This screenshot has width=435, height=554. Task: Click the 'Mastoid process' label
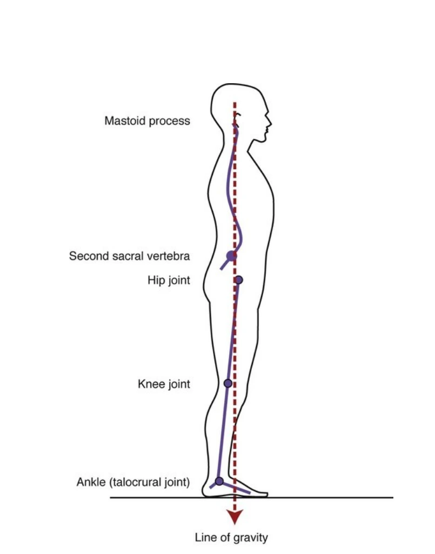pyautogui.click(x=147, y=121)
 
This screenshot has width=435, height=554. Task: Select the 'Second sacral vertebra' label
pyautogui.click(x=129, y=256)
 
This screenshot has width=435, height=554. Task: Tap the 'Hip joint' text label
pyautogui.click(x=169, y=280)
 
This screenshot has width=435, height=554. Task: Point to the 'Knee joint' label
pyautogui.click(x=164, y=384)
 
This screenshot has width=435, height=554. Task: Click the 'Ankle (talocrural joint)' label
pyautogui.click(x=133, y=482)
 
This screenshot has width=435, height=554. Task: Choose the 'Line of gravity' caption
pyautogui.click(x=231, y=537)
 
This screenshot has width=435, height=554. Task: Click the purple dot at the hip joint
pyautogui.click(x=238, y=279)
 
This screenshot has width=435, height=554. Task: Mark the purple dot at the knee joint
pyautogui.click(x=227, y=383)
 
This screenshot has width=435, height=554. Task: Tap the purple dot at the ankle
pyautogui.click(x=219, y=480)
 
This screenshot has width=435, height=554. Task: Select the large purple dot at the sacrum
pyautogui.click(x=231, y=256)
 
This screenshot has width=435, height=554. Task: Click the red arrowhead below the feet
pyautogui.click(x=234, y=517)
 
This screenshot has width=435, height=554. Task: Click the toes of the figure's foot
pyautogui.click(x=262, y=493)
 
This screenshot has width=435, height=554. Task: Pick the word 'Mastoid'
pyautogui.click(x=123, y=121)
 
